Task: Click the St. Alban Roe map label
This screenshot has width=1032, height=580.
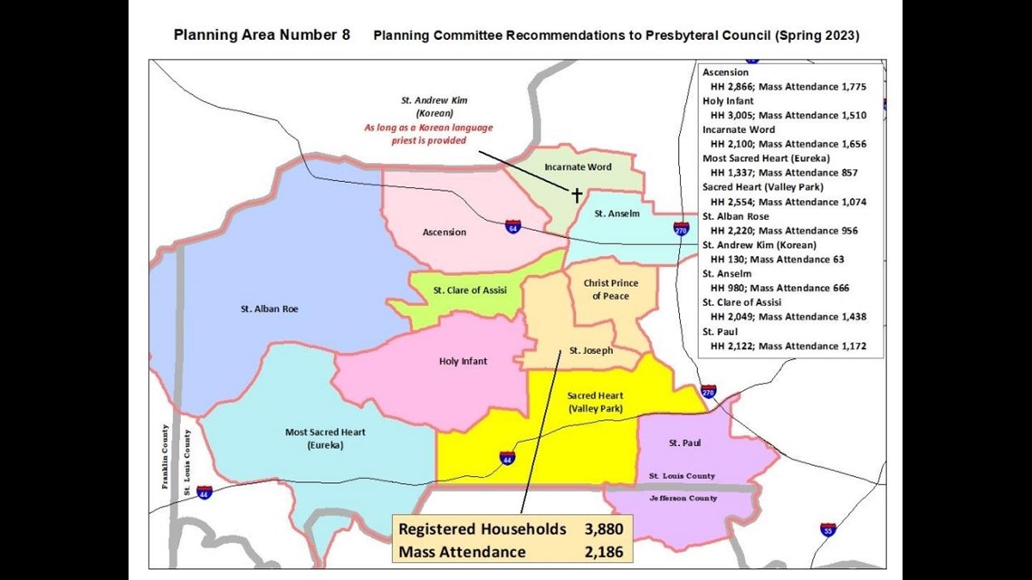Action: click(x=269, y=309)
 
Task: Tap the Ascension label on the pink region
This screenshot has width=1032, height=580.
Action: click(x=444, y=233)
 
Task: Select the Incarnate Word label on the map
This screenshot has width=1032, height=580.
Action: click(x=578, y=167)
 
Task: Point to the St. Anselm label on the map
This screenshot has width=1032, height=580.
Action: click(x=617, y=214)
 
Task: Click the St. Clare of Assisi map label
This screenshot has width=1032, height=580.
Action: click(x=470, y=290)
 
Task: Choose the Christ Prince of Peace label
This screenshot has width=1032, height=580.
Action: click(x=610, y=290)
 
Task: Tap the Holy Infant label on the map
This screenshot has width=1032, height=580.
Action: click(x=463, y=361)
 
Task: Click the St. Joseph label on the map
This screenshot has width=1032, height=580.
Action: click(x=590, y=350)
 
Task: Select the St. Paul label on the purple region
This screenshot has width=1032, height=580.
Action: click(x=684, y=442)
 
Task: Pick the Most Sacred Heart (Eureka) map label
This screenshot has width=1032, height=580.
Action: click(x=325, y=439)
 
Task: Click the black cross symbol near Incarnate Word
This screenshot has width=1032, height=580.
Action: click(x=576, y=194)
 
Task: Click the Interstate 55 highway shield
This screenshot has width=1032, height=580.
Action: click(x=827, y=529)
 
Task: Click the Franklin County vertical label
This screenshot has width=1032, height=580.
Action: click(x=166, y=457)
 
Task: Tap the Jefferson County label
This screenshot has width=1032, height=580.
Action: click(x=683, y=499)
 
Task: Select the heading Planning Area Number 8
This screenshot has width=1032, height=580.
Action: click(x=262, y=35)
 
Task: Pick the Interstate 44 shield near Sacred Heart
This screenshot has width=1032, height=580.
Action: click(x=507, y=458)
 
